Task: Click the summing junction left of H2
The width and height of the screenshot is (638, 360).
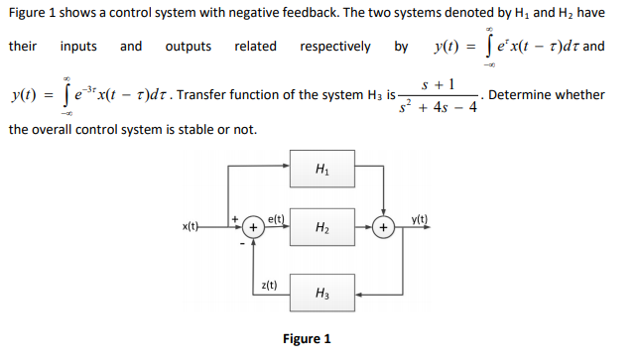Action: pyautogui.click(x=253, y=228)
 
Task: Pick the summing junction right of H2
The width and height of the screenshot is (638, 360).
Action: pyautogui.click(x=382, y=228)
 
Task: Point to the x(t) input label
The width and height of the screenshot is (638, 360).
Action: pyautogui.click(x=192, y=228)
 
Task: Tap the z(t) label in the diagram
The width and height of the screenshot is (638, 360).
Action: pyautogui.click(x=268, y=285)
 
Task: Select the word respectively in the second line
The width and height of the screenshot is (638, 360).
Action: pyautogui.click(x=335, y=47)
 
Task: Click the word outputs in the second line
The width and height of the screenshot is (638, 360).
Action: pyautogui.click(x=188, y=47)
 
